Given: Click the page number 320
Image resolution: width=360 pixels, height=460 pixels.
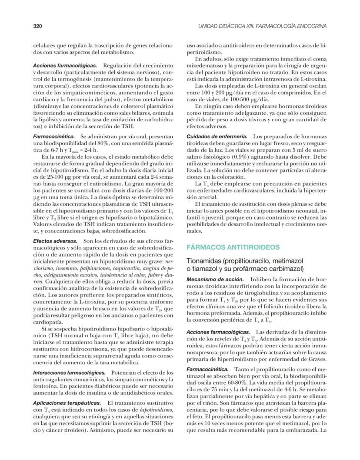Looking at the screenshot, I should pos(37,27).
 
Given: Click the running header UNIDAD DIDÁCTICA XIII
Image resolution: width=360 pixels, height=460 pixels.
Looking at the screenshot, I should pos(262,27).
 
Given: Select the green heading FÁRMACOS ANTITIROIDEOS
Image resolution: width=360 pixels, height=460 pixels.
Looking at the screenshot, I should pos(233,247).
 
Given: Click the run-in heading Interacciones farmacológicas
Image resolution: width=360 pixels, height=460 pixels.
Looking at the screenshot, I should pos(69,373).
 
